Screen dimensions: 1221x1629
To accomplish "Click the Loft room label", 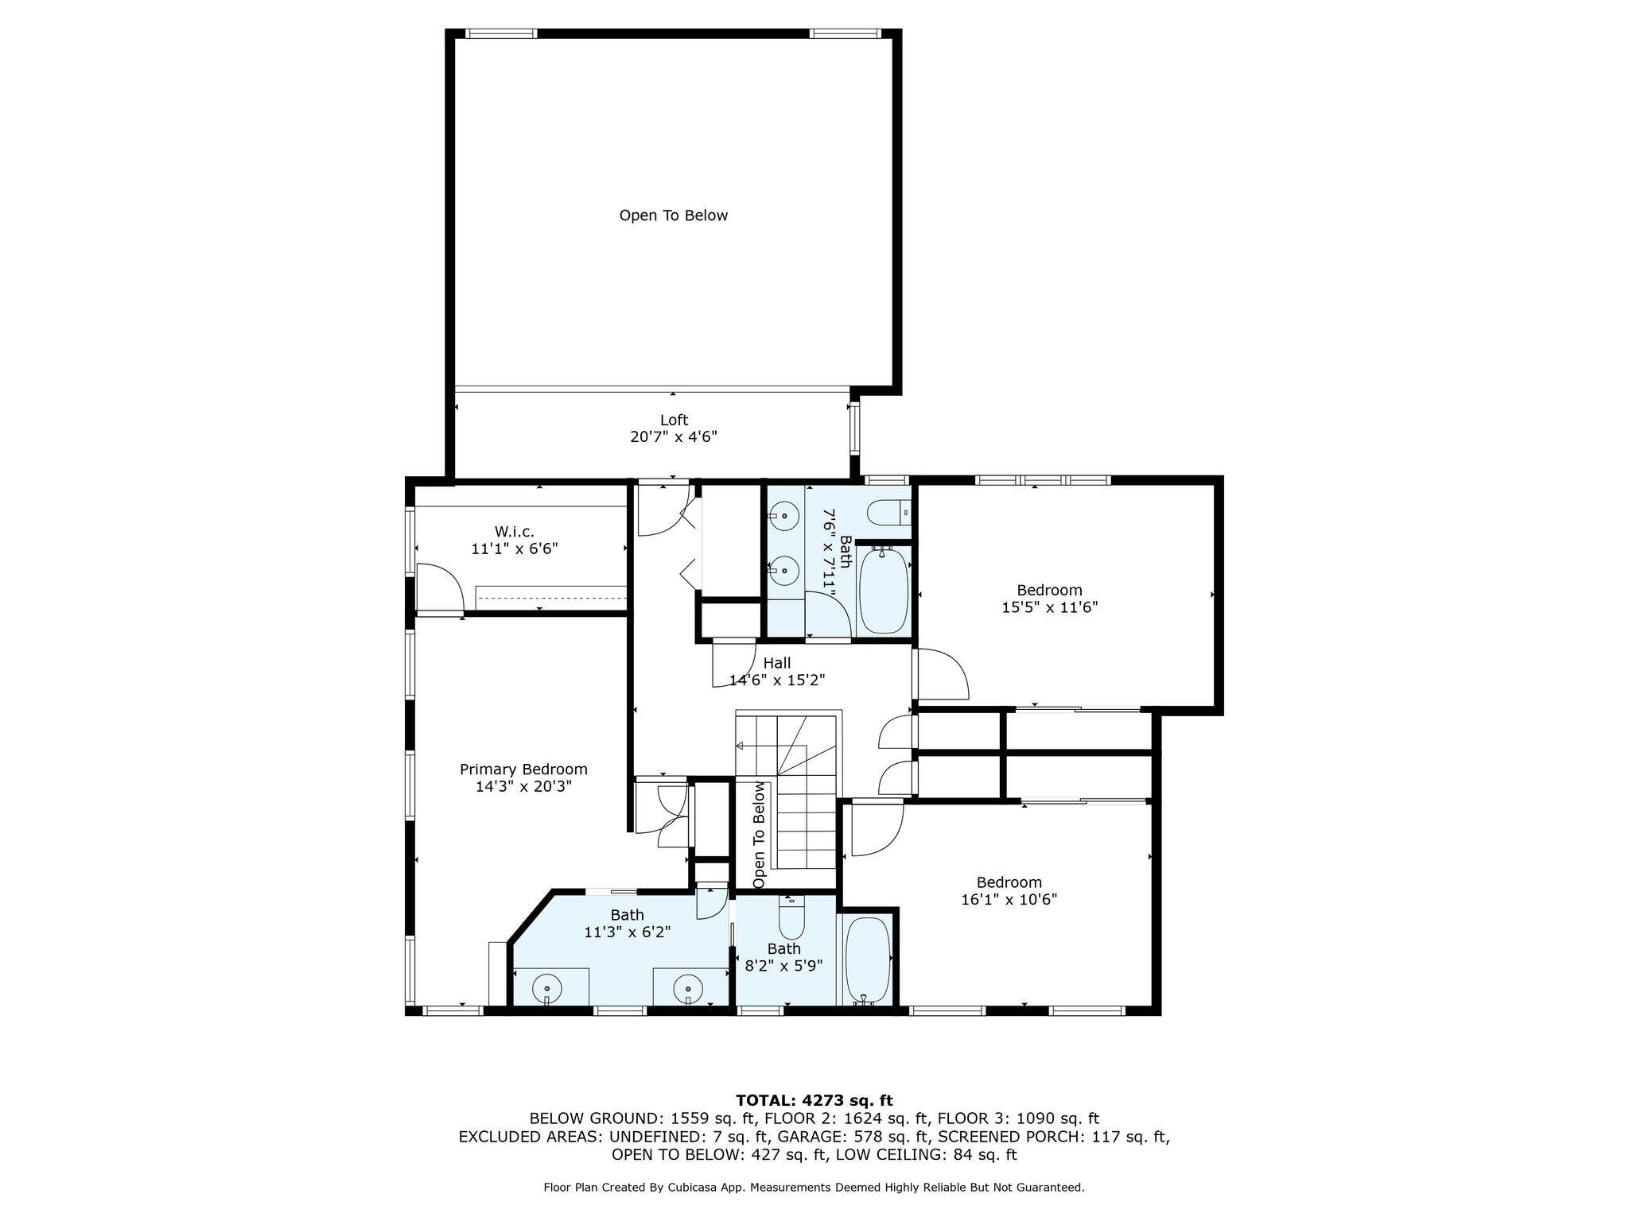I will point(673,420).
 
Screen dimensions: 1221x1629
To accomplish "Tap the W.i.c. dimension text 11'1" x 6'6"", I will point(514,548).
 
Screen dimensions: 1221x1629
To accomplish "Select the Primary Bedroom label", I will point(523,769).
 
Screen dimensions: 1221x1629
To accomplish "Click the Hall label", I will point(776,663).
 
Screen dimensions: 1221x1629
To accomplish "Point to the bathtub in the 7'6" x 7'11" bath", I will point(883,588).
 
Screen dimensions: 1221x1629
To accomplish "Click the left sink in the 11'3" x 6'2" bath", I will point(546,990).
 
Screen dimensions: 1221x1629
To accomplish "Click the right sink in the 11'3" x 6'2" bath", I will point(687,990).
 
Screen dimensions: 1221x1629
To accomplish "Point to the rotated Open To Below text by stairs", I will point(759,835).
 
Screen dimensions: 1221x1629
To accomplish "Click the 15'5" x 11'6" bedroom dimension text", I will point(1049,607).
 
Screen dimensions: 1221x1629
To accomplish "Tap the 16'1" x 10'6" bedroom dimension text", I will point(1009,899).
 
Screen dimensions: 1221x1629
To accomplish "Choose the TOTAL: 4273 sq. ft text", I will point(814,1100).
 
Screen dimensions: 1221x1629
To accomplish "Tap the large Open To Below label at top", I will point(673,215).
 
